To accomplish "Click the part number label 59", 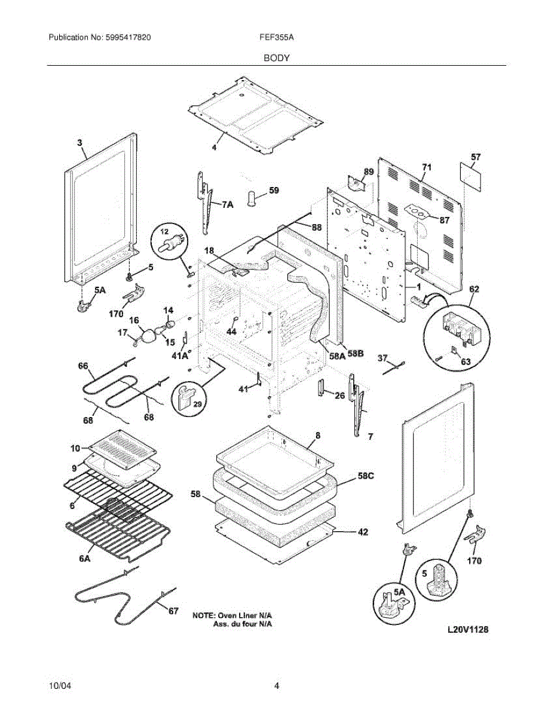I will [274, 191].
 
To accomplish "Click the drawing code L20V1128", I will [470, 630].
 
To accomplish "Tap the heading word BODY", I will [277, 58].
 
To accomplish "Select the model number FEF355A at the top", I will [277, 37].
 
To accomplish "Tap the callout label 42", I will [363, 532].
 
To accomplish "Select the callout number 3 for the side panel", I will [79, 143].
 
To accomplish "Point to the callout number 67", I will [173, 611].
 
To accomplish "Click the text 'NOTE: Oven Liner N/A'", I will [233, 615].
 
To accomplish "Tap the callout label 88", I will [316, 227].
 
